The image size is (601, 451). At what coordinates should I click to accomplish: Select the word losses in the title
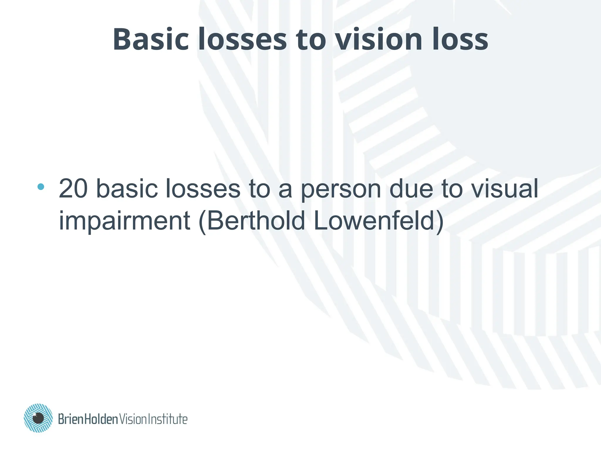[242, 39]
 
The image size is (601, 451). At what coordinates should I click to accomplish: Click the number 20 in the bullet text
[73, 189]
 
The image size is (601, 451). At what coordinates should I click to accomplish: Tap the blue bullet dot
[41, 186]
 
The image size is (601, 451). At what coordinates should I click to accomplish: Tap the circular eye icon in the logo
[38, 418]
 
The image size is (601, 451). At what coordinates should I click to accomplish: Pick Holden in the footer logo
[101, 419]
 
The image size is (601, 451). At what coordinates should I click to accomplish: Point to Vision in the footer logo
[132, 419]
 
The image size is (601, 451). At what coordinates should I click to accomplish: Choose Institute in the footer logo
[167, 419]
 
